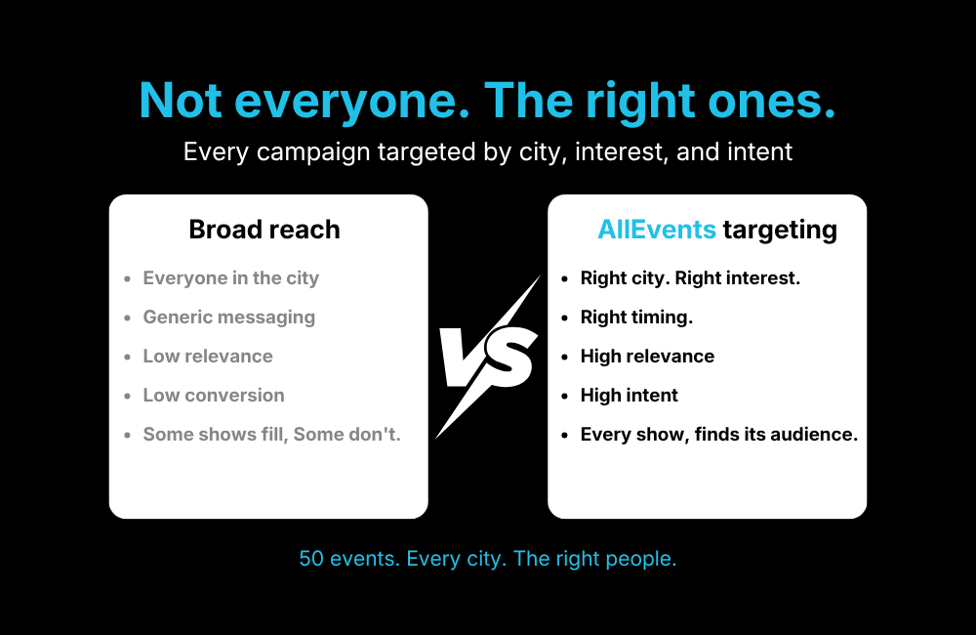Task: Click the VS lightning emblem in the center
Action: [487, 356]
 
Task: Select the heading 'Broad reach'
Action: [264, 230]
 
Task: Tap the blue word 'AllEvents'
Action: [656, 230]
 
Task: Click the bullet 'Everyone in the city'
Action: [231, 278]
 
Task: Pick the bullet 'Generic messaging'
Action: [229, 317]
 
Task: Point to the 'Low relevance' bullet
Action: [208, 357]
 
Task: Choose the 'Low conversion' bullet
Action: [214, 396]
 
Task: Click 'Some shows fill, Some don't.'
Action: [272, 435]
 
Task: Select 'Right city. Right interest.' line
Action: [690, 278]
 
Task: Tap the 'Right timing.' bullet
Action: [636, 317]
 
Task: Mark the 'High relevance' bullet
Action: [647, 357]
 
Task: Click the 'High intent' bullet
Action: [630, 396]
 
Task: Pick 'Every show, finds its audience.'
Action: [719, 435]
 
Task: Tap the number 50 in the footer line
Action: [310, 559]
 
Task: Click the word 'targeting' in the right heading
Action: [780, 230]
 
